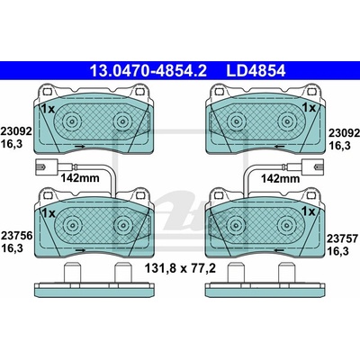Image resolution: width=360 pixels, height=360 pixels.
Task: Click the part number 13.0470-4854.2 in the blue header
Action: pos(148,71)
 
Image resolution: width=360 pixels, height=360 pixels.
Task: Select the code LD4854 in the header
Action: pos(256,71)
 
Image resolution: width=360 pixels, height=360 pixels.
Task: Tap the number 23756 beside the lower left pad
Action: pos(16,236)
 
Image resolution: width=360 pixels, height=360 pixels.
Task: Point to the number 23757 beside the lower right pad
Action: pos(342,238)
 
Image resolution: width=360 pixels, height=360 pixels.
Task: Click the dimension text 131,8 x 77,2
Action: pos(180,268)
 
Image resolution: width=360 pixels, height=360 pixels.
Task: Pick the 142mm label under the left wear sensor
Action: pos(80,178)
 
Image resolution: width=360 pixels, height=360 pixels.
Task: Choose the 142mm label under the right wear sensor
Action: pos(280,179)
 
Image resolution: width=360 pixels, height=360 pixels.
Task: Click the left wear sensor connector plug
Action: pos(46,166)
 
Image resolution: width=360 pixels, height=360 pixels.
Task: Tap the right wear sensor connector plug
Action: pos(313,166)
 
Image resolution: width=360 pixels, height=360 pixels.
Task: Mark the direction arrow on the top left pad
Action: pos(79,147)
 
